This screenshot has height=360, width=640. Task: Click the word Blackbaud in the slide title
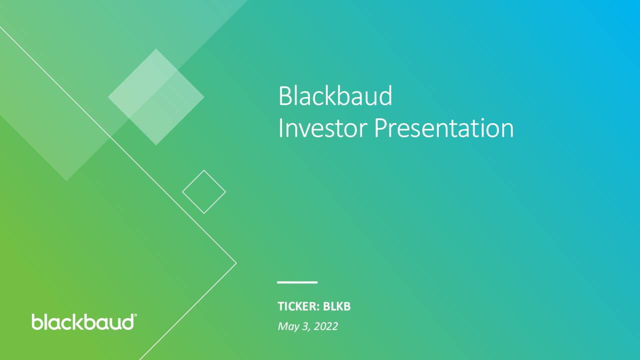tap(335, 95)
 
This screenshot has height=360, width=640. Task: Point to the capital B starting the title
tap(285, 96)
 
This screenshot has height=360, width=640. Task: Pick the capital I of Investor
tap(280, 128)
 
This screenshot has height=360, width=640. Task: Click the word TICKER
tap(297, 306)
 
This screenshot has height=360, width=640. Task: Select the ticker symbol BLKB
tap(336, 306)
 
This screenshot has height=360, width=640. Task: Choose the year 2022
tap(326, 326)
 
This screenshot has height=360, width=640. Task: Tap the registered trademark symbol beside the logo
tap(135, 315)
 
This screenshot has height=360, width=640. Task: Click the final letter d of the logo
tap(127, 322)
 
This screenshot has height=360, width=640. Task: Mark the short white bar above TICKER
tap(297, 282)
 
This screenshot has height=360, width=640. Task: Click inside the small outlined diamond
tap(204, 192)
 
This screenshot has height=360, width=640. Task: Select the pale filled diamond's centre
tap(156, 97)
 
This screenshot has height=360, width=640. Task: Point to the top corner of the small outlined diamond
tap(204, 170)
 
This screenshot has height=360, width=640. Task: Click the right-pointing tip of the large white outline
tap(236, 263)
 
